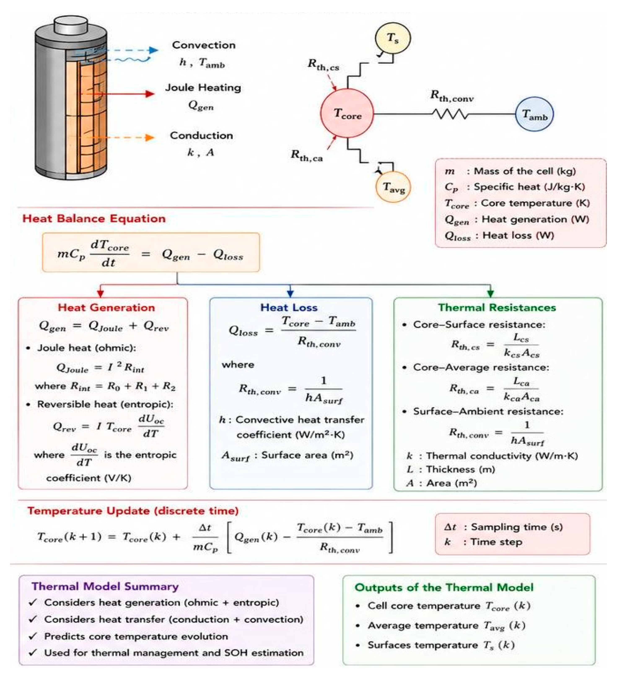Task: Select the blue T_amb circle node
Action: (534, 114)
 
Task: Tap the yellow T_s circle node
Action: (393, 38)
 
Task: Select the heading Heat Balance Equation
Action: (94, 219)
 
